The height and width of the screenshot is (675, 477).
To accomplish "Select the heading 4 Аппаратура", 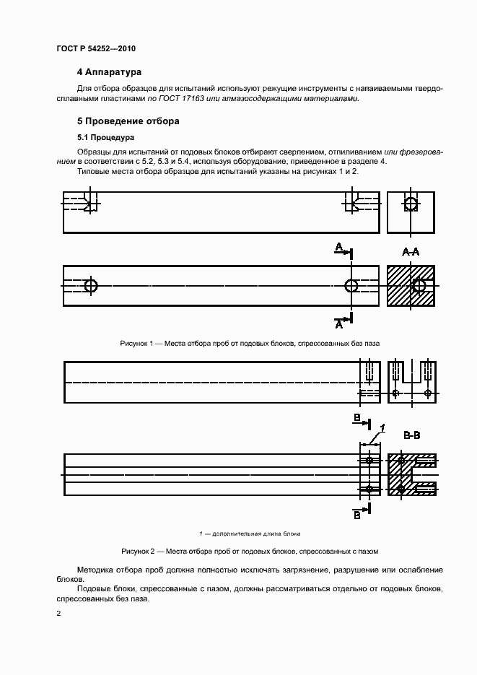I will click(109, 72).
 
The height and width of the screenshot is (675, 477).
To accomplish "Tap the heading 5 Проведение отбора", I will click(128, 121).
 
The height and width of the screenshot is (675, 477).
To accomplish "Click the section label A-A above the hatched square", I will click(411, 251).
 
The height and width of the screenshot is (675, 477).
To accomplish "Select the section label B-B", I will click(412, 435).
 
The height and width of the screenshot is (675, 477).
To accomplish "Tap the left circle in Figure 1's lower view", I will click(91, 285).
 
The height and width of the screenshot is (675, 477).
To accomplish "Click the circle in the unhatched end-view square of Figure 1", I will click(411, 204).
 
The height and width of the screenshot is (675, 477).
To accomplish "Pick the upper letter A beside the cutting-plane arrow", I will click(338, 248).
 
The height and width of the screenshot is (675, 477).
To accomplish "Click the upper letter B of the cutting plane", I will click(356, 419).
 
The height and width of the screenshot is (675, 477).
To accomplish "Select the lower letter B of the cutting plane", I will click(356, 515).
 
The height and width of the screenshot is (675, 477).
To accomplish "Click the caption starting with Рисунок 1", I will click(250, 343).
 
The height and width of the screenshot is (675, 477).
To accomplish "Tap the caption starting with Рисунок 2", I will click(250, 551).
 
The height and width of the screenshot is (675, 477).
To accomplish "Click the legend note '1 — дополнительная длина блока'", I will click(250, 534).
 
